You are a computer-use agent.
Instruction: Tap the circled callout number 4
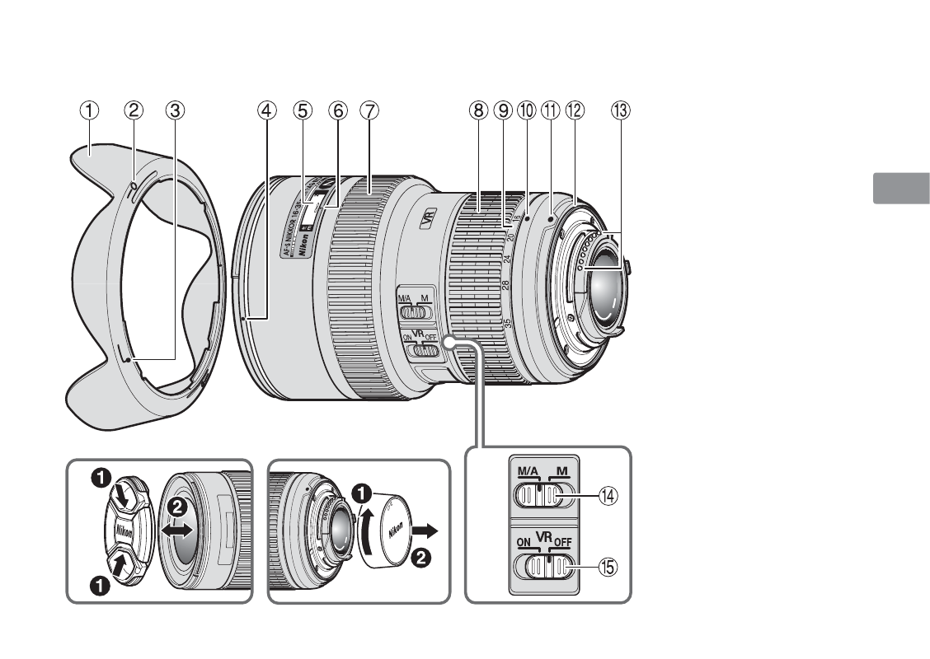click(266, 109)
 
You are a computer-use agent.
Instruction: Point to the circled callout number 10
click(526, 109)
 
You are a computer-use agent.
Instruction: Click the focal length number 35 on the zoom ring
click(506, 324)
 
